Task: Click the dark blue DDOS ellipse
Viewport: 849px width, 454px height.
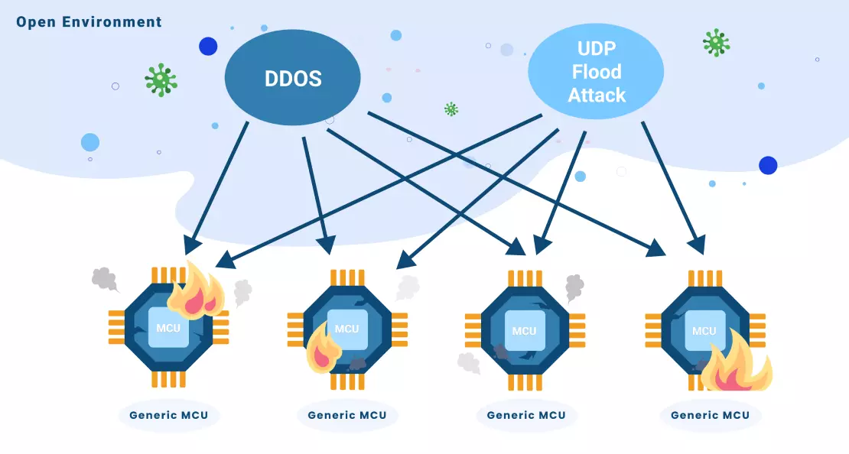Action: [292, 79]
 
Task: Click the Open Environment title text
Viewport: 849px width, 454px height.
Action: [89, 21]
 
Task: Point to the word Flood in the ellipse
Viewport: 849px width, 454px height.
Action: [597, 73]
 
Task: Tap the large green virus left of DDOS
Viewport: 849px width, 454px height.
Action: [161, 80]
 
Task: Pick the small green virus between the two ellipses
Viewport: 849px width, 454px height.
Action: [451, 109]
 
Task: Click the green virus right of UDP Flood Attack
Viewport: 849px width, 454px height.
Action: [716, 43]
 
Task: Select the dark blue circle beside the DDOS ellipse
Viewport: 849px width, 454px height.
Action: [208, 47]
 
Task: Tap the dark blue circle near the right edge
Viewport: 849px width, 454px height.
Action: [767, 165]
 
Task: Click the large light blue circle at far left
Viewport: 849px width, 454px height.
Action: [90, 142]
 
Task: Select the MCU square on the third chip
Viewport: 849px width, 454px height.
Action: [524, 330]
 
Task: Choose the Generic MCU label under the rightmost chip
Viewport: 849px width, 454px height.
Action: [710, 416]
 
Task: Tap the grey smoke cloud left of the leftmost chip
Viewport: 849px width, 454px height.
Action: [104, 279]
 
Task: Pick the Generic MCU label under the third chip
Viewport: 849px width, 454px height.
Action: [525, 416]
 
